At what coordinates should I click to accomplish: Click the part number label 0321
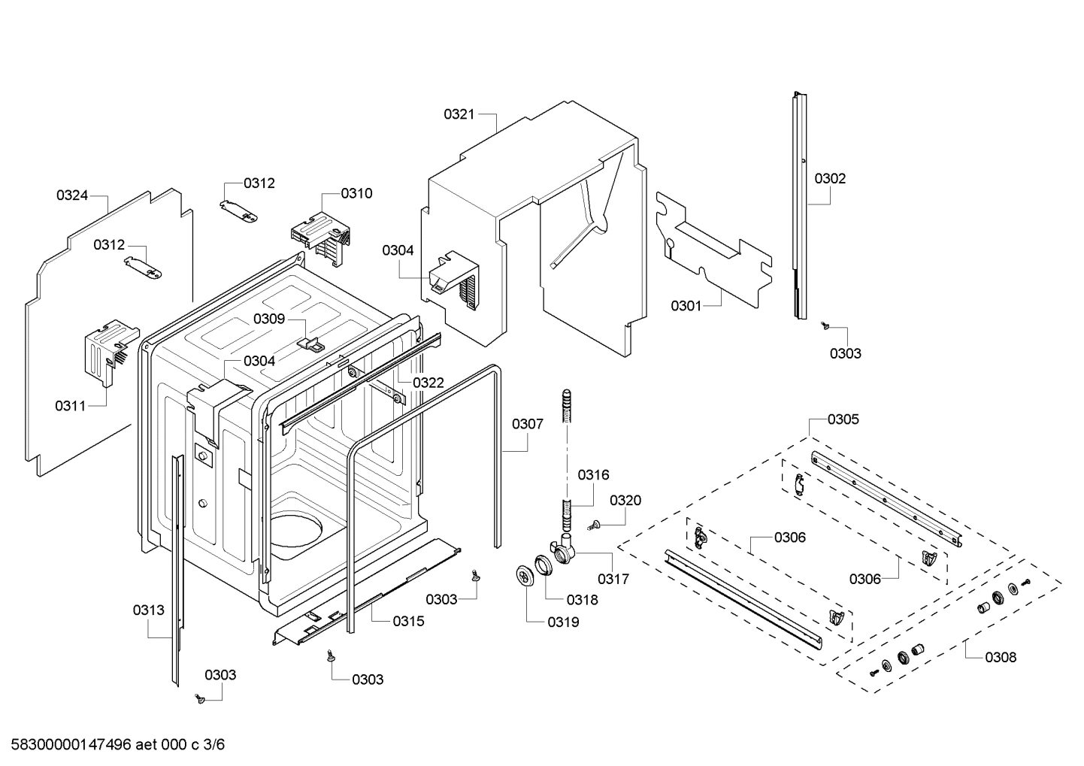click(459, 114)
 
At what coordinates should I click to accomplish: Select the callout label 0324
click(72, 195)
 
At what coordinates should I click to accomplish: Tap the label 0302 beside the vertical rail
click(830, 179)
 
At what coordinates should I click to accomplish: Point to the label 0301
click(686, 306)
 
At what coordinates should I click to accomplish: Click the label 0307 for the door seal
click(528, 425)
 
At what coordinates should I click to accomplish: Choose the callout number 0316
click(593, 475)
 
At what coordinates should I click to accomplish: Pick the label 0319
click(563, 622)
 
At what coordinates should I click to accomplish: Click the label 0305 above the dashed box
click(843, 419)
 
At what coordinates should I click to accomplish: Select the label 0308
click(1001, 658)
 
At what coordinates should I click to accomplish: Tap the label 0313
click(148, 610)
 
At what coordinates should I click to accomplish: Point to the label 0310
click(356, 194)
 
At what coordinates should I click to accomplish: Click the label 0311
click(70, 406)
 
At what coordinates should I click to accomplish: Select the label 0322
click(428, 383)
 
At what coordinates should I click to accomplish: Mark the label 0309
click(268, 319)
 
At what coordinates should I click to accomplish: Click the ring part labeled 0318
click(544, 564)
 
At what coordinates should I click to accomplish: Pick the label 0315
click(408, 621)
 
